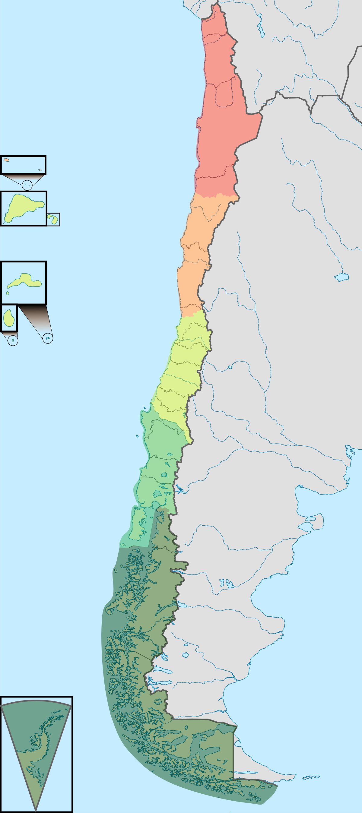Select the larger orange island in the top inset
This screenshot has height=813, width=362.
(x=6, y=160)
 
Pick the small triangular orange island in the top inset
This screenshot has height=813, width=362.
(x=40, y=170)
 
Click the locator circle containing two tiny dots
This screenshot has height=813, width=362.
(x=27, y=185)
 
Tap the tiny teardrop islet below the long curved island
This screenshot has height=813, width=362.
(x=8, y=293)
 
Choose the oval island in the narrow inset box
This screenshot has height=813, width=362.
(x=8, y=318)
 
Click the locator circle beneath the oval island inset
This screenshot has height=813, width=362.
(x=13, y=340)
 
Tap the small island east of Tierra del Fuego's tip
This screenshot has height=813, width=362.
(x=311, y=777)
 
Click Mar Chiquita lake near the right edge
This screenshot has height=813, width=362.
(x=341, y=277)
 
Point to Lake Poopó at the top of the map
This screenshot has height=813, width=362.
(x=261, y=31)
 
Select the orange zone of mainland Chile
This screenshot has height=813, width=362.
(x=196, y=252)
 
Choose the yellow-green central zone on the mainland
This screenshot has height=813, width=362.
(x=183, y=372)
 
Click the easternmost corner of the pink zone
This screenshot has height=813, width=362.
(x=262, y=114)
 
